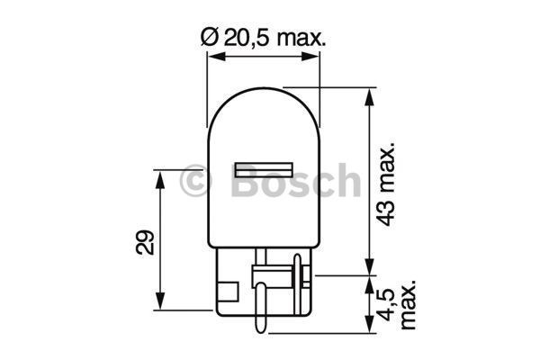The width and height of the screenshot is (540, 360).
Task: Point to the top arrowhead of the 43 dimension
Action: coord(368,96)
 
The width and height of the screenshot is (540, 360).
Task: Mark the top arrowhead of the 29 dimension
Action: coord(161,176)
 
